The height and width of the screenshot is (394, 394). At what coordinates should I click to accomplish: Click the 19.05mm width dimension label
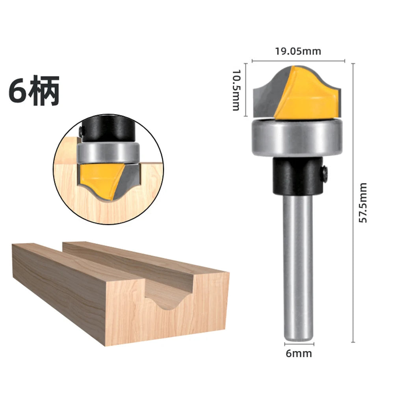298,51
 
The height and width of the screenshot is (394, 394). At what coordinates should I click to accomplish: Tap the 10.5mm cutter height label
236,90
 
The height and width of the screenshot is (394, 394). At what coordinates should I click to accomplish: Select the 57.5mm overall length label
362,203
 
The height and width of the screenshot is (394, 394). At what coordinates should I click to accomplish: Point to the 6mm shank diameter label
299,353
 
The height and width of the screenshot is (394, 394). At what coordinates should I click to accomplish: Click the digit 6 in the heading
18,91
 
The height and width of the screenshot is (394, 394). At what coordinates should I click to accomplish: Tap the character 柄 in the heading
44,90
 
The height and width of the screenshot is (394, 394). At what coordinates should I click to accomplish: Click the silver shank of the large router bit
298,268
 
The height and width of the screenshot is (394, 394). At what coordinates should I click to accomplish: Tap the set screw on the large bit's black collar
325,173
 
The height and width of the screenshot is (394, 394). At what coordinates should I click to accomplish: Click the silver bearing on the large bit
297,138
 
